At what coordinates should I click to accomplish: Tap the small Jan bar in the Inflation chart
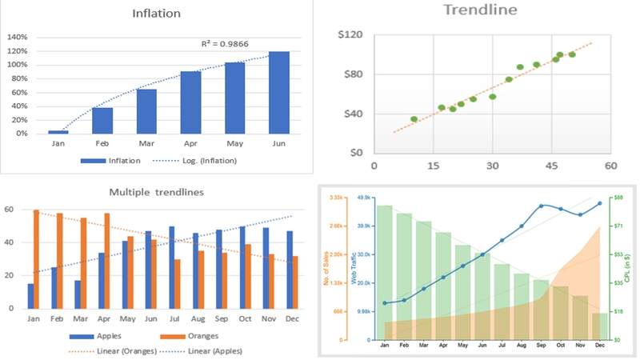(58, 132)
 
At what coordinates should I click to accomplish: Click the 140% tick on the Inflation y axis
(17, 38)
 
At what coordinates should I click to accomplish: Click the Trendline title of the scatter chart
(480, 10)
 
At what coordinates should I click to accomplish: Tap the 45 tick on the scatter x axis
(551, 166)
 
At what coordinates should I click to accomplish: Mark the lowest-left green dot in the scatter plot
(414, 119)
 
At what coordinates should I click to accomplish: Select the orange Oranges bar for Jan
(36, 258)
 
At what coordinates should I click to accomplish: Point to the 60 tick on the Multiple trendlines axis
(10, 210)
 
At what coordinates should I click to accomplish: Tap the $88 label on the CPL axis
(618, 197)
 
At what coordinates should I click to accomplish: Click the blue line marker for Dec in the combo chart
(599, 203)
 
